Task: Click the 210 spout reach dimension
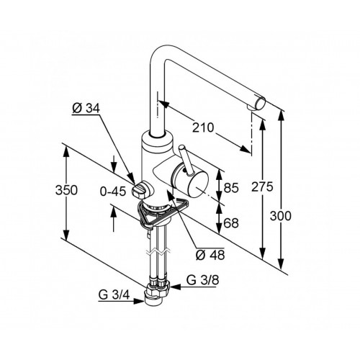203,127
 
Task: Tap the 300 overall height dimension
281,216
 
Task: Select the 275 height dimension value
262,186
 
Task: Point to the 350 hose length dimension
66,190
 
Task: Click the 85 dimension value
231,188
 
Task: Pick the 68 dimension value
231,223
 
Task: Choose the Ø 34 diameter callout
86,109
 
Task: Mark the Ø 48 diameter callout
210,255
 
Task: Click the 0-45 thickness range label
113,192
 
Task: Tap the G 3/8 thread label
203,280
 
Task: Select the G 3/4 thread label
114,294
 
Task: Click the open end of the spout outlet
261,103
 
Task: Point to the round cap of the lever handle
181,147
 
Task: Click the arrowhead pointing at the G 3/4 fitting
139,301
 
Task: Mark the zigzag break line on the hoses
159,252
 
